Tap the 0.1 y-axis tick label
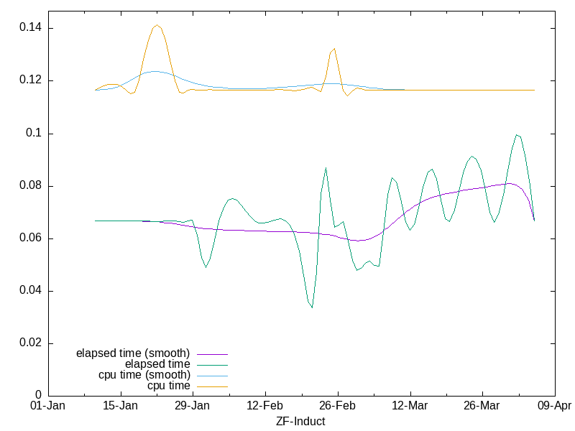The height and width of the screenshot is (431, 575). (x=34, y=134)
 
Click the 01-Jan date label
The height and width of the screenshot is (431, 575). (x=48, y=406)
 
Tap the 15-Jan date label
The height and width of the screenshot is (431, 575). (x=121, y=406)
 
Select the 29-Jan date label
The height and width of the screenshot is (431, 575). (x=193, y=406)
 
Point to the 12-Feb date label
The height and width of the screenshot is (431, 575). (x=265, y=406)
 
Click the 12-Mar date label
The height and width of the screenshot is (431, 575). (x=410, y=406)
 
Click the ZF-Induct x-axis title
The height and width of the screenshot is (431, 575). (x=300, y=422)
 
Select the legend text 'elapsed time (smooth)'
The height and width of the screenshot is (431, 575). (x=133, y=353)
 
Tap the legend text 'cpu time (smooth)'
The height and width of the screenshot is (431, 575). (x=144, y=375)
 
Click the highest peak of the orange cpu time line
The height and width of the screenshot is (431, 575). (x=157, y=25)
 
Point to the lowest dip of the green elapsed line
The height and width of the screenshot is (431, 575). (x=312, y=307)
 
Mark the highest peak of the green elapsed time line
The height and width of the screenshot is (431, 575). (x=516, y=134)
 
